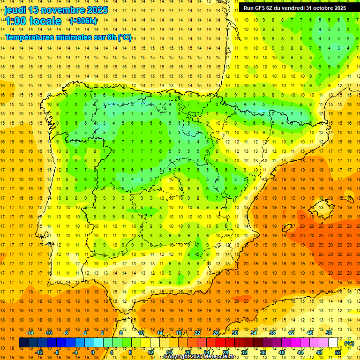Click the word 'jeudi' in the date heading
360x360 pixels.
tap(15, 10)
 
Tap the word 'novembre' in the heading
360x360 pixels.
tap(66, 10)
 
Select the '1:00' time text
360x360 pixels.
tap(15, 21)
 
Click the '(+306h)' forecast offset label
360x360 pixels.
tap(83, 21)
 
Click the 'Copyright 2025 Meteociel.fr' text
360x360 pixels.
tap(199, 357)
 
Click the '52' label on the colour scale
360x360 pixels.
tap(338, 352)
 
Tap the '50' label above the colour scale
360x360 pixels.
tap(329, 333)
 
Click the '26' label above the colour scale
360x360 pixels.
tap(216, 333)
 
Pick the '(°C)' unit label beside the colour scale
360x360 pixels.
tap(349, 343)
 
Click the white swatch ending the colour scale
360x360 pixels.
tap(333, 343)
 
